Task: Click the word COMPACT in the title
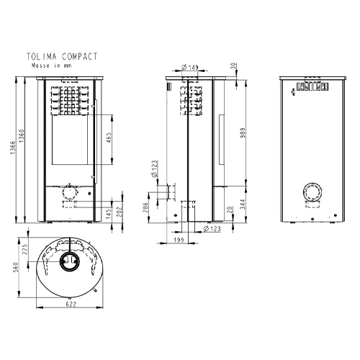click(78, 55)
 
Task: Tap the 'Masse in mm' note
click(51, 65)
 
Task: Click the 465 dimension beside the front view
click(108, 138)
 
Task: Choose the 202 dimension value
click(120, 208)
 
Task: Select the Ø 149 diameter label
click(189, 67)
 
